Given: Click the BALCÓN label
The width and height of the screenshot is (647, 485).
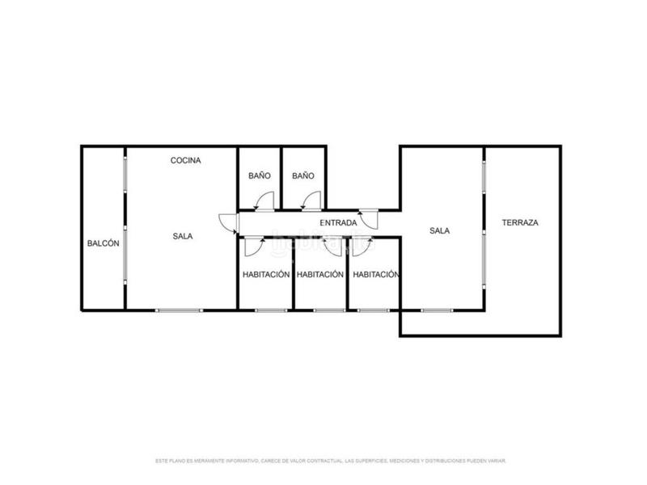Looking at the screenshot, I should (104, 243).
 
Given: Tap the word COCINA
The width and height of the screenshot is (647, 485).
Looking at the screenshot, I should (185, 160).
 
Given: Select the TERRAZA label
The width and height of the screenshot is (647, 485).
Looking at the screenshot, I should (520, 222).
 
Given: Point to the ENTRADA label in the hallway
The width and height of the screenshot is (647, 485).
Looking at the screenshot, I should (338, 222).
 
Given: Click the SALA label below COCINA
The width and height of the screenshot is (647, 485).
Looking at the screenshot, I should (182, 236).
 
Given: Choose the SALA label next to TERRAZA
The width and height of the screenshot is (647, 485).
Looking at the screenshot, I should (439, 230).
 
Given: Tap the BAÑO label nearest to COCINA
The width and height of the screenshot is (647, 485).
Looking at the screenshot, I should (259, 175).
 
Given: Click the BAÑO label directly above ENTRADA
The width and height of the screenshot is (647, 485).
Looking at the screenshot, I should (302, 175).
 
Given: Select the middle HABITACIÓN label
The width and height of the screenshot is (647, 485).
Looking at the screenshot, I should (320, 274).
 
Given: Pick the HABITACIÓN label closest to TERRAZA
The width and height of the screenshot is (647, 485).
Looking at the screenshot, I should (376, 274).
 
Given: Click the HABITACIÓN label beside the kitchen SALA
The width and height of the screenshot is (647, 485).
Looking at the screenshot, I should (266, 274).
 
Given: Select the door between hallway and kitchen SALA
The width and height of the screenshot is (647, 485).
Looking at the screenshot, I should (229, 223).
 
